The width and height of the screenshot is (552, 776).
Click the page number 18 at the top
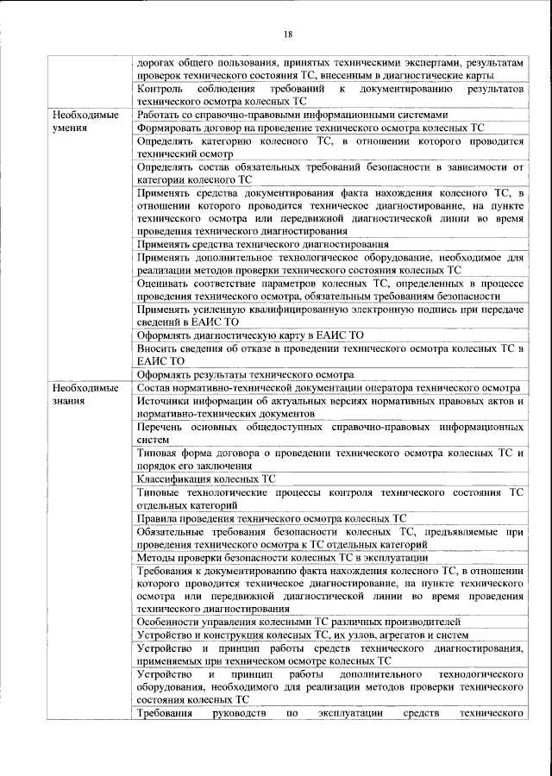click(287, 34)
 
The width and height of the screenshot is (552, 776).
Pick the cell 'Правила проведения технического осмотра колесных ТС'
click(272, 520)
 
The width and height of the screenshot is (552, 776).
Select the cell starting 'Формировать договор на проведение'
click(310, 127)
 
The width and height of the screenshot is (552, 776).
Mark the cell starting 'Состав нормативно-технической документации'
click(328, 388)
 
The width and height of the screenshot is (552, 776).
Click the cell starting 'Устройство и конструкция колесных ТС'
click(303, 635)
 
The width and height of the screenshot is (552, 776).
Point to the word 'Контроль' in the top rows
click(159, 89)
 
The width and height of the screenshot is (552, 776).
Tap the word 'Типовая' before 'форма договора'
click(158, 452)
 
